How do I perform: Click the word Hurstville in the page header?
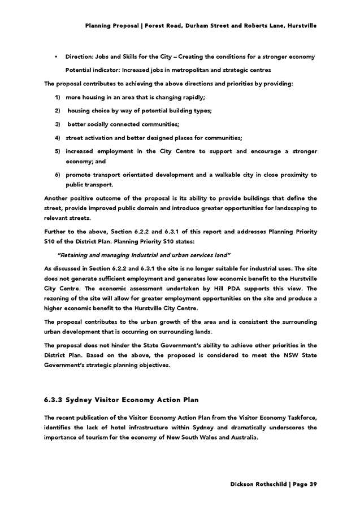(302, 26)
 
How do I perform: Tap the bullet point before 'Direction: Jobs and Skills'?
(55, 57)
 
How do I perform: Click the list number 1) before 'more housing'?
(57, 97)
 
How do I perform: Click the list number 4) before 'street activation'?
(57, 138)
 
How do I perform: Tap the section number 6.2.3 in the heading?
(53, 400)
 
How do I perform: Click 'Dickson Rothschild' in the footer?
(258, 484)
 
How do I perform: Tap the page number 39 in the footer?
(314, 484)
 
